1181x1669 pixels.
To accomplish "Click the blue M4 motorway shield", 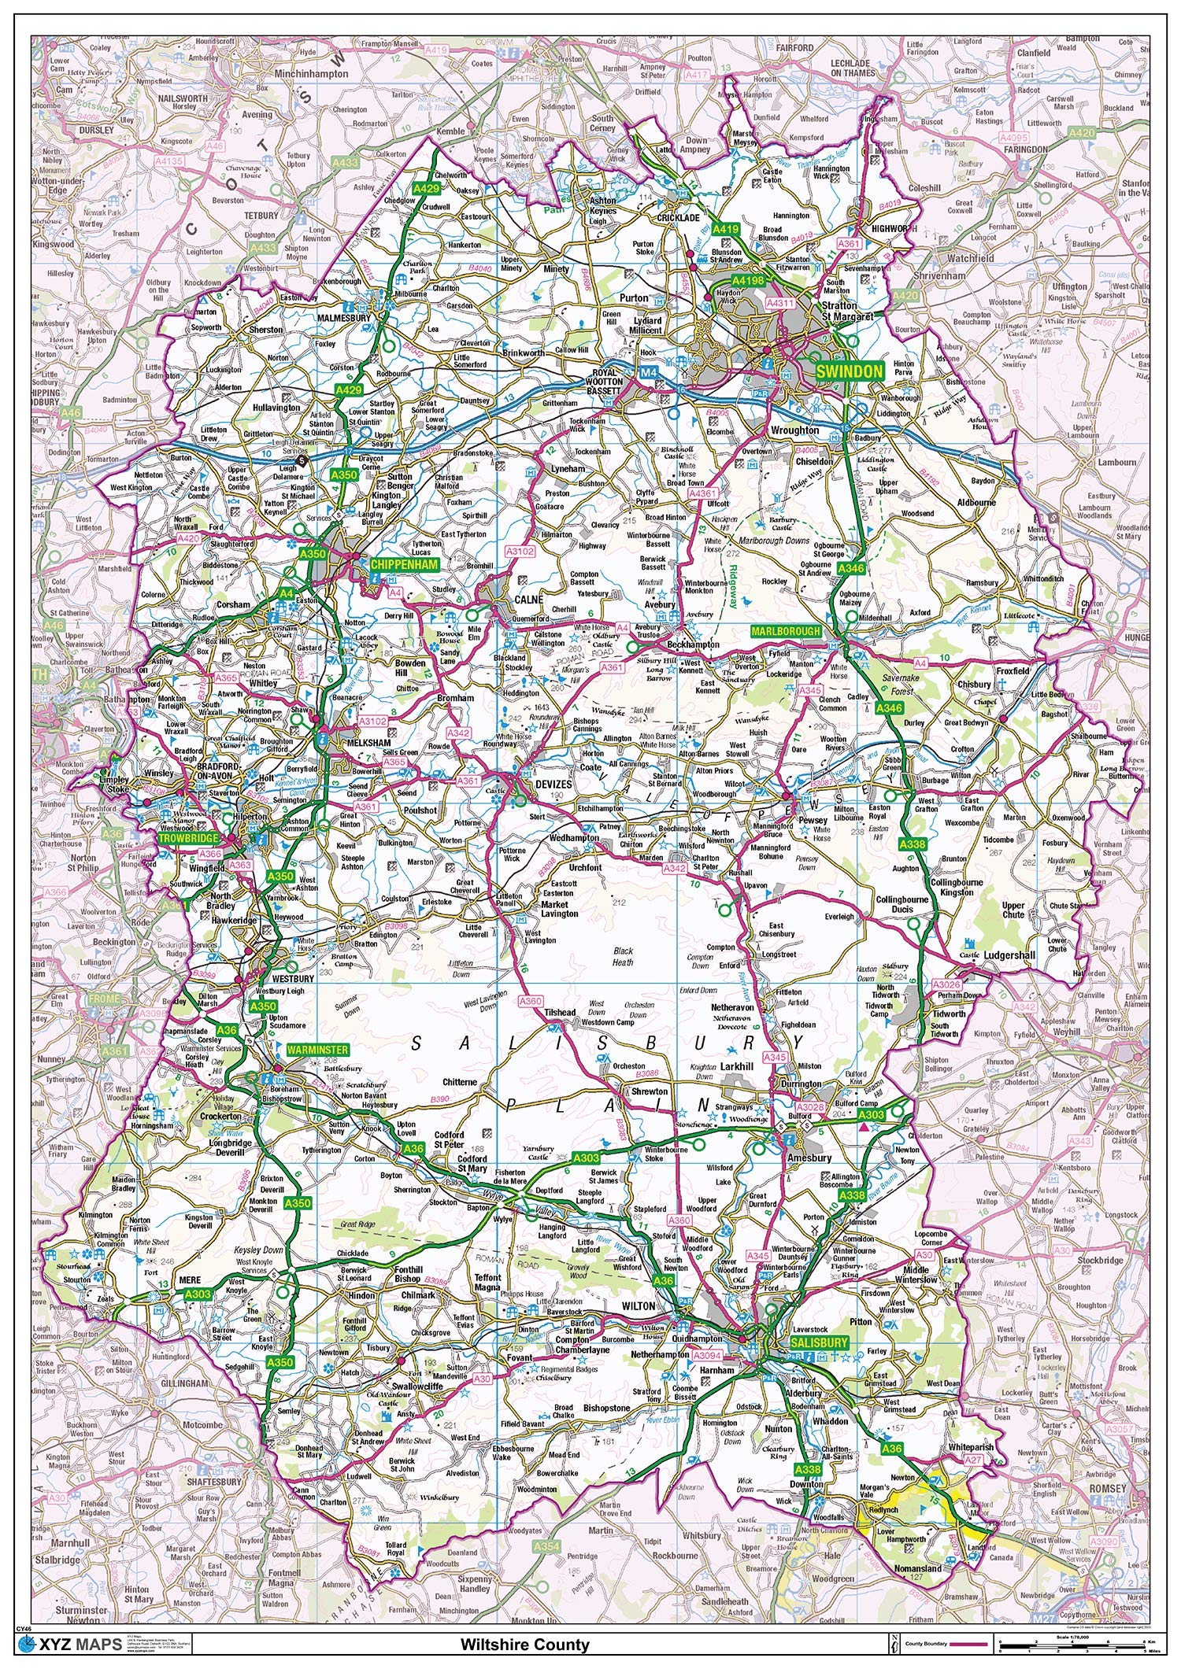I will (648, 371).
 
